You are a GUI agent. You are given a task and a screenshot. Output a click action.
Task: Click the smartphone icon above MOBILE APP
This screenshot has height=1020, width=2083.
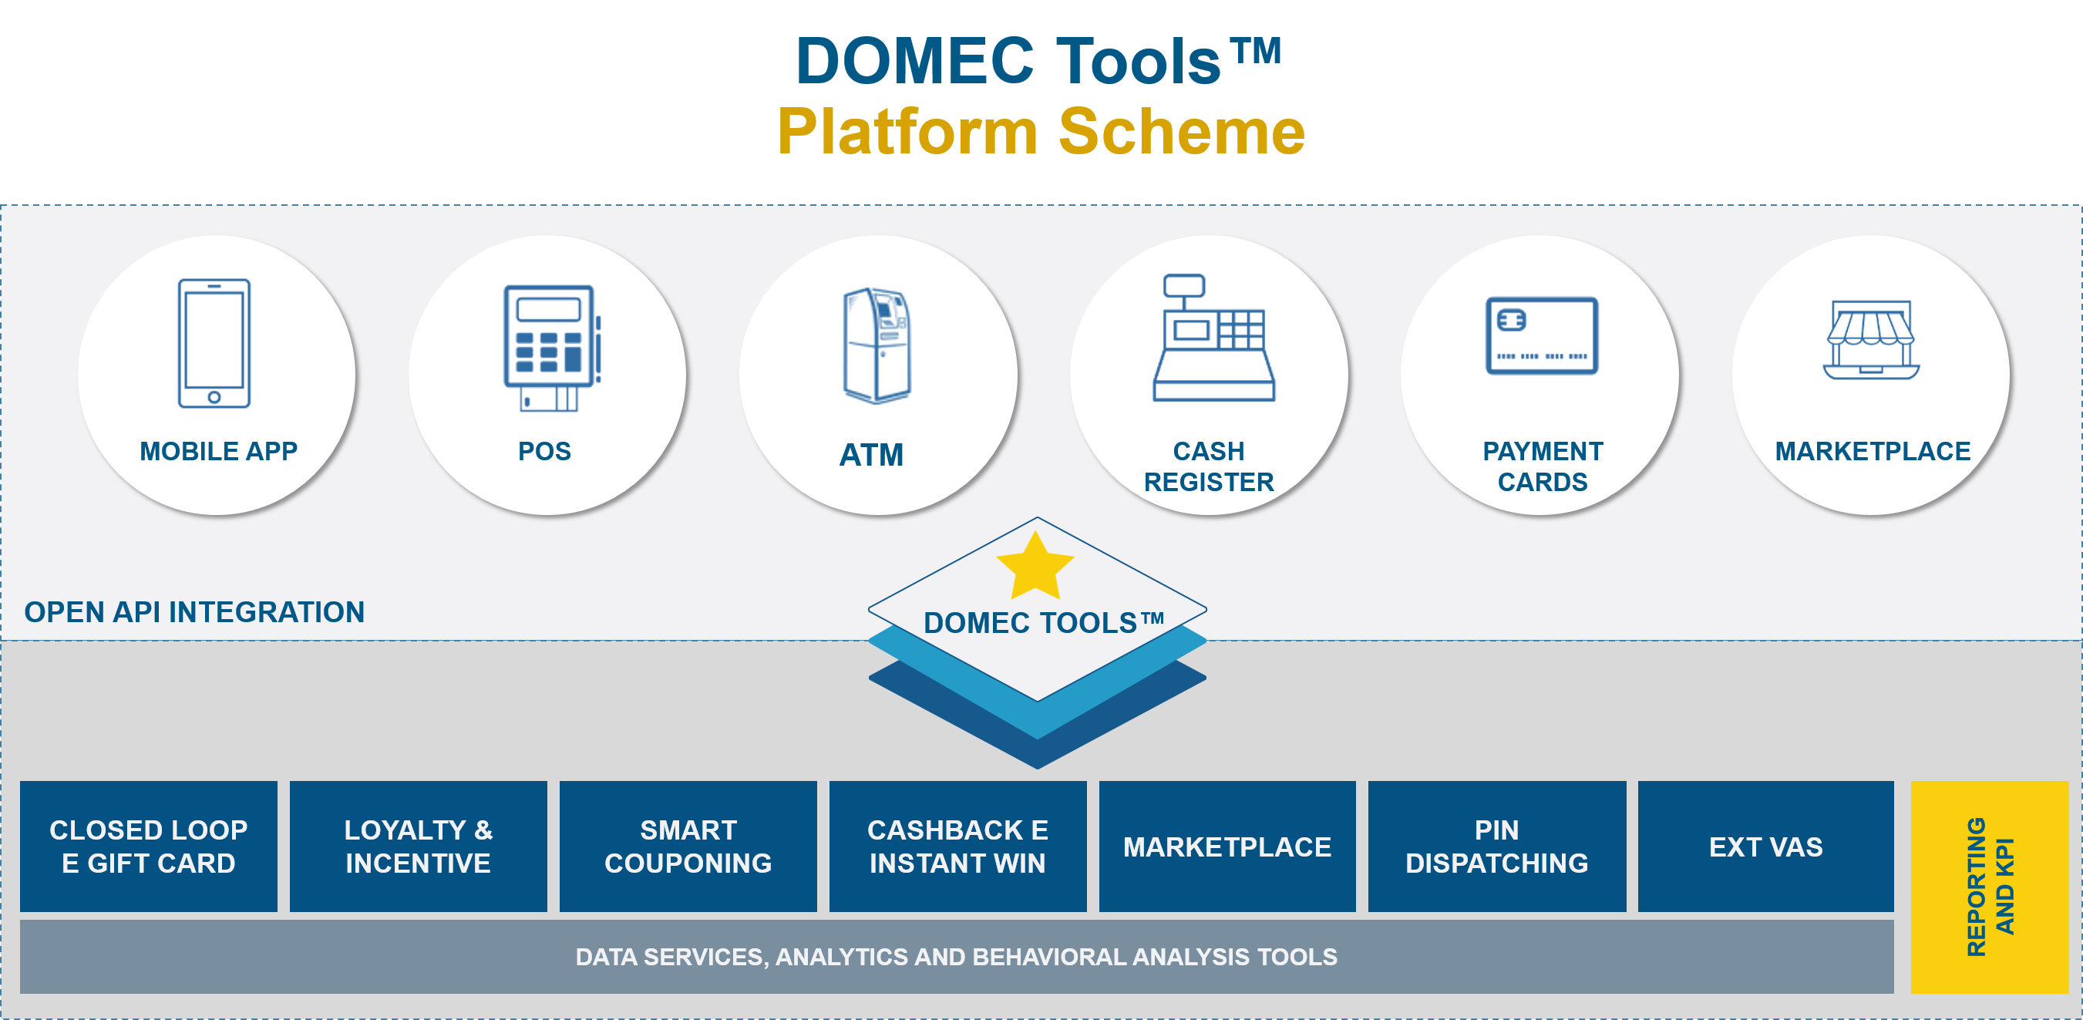pos(214,343)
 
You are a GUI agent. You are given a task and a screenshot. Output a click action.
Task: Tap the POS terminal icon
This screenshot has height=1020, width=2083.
pos(552,348)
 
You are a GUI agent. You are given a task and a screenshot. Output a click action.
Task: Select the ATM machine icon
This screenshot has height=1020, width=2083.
pos(877,345)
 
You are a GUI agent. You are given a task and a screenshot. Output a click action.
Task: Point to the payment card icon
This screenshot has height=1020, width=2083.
pos(1542,335)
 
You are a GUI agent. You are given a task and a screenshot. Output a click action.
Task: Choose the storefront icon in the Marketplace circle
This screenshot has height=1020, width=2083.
pos(1871,340)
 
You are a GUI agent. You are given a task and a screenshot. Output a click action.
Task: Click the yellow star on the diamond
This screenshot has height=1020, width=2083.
pos(1035,565)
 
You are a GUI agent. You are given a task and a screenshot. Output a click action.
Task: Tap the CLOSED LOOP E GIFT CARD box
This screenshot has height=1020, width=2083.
pos(149,846)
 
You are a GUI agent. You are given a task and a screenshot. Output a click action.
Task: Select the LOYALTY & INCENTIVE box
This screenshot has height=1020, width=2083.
pos(418,846)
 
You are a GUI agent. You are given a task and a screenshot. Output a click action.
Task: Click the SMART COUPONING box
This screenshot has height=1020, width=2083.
pos(688,846)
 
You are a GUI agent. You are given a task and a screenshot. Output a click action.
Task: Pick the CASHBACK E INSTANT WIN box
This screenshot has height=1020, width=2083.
pos(957,846)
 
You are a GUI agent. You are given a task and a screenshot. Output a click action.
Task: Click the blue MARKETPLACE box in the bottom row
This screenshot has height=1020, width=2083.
pos(1227,846)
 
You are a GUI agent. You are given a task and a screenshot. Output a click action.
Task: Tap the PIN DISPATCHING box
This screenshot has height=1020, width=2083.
pos(1497,846)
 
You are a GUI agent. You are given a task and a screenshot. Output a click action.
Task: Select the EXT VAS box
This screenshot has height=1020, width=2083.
pos(1766,846)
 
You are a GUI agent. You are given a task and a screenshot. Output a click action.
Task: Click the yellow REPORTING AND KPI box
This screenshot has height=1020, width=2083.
pos(1989,887)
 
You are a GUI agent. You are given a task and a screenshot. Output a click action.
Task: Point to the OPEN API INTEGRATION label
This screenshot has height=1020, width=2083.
pos(194,612)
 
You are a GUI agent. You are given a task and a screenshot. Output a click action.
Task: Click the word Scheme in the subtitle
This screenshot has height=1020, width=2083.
pos(1183,131)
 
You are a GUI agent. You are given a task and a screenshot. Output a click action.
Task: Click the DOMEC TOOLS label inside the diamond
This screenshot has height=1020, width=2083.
pos(1044,623)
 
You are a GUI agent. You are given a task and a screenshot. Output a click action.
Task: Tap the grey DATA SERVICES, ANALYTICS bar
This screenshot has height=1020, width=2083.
pos(957,957)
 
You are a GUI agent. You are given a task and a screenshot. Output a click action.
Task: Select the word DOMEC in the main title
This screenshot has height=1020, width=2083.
pos(915,61)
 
